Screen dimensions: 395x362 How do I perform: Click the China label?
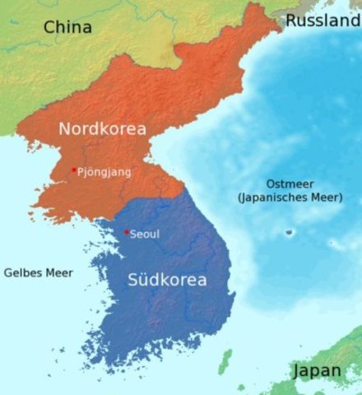point(67,27)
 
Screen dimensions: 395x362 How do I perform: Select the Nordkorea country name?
point(102,128)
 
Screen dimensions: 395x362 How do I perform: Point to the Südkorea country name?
point(167,280)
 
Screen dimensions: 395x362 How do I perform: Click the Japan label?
point(317,372)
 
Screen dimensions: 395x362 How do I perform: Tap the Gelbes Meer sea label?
point(38,272)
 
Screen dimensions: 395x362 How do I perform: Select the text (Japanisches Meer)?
point(289,197)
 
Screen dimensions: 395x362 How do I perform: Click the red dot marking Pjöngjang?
point(73,170)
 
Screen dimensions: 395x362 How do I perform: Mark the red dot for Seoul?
point(126,232)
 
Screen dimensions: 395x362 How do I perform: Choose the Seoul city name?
point(145,235)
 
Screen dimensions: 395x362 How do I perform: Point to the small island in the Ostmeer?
point(289,232)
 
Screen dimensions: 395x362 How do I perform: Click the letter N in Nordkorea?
point(65,128)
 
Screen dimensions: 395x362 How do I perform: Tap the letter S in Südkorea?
point(135,280)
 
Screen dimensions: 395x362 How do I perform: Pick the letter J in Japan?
point(297,372)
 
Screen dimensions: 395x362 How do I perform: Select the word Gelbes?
point(23,272)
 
